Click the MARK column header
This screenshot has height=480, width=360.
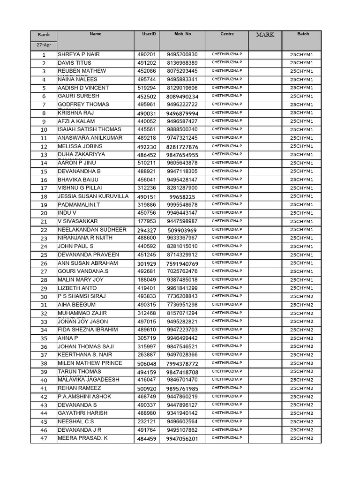coord(265,35)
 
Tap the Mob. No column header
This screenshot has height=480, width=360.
coord(182,34)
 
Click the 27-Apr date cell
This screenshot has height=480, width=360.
coord(44,45)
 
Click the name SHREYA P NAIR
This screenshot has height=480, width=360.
coord(79,54)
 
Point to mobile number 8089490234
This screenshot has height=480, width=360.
coord(182,97)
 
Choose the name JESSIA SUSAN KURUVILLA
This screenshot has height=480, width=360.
coord(93,196)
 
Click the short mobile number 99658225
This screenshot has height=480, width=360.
coord(182,197)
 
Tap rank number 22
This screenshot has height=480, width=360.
coord(44,230)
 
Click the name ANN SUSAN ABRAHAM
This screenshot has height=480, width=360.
coord(88,263)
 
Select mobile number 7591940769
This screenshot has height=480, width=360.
coord(182,264)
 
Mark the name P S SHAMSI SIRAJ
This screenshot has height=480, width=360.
coord(82,296)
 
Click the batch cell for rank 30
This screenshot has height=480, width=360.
coord(301,297)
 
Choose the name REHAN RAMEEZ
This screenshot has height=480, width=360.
coord(79,388)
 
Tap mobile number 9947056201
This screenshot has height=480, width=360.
coord(182,439)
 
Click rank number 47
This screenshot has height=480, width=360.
coord(44,439)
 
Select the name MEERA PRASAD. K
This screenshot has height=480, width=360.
coord(82,438)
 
